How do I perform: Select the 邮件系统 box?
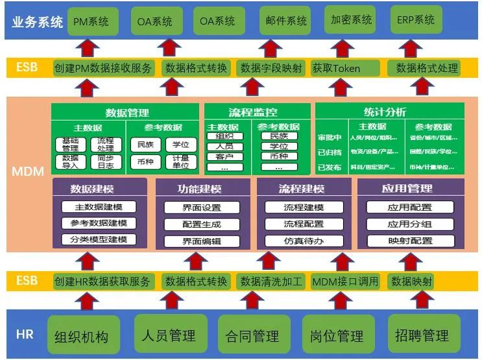[285, 21]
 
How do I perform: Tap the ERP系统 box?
[416, 20]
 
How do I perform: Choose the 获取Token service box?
[345, 68]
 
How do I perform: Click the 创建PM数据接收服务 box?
[104, 68]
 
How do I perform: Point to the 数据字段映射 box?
[271, 68]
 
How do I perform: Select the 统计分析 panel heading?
[390, 111]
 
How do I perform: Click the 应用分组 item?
[409, 224]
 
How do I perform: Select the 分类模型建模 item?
[99, 239]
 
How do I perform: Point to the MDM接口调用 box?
[344, 282]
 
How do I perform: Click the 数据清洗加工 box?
[271, 282]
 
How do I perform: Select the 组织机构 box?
[81, 336]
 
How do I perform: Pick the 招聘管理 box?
[422, 335]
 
